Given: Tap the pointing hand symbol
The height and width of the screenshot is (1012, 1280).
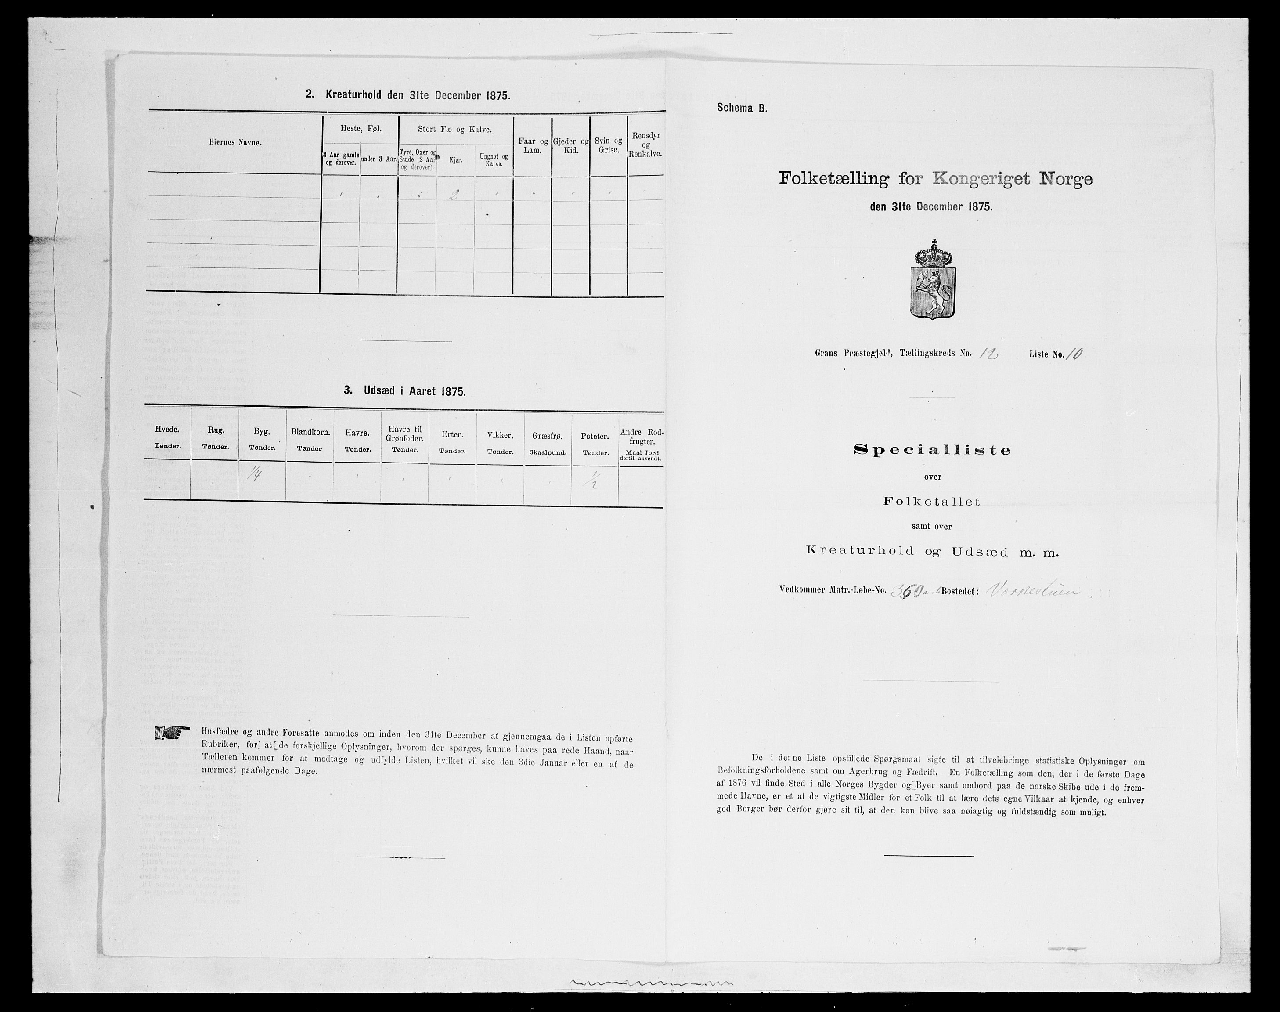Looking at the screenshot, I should point(172,733).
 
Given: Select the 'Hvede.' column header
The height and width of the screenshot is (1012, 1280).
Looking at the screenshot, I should point(167,434).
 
